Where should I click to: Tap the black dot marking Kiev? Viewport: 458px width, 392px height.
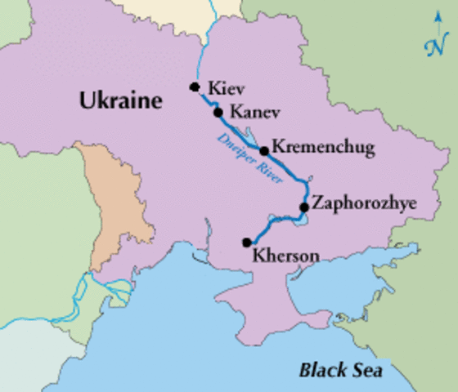[195, 87]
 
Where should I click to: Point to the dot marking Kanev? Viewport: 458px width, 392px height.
[218, 112]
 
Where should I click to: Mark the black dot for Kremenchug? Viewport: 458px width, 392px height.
[264, 151]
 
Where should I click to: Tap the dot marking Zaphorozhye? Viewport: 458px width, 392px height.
[303, 207]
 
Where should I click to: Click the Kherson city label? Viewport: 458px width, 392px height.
[286, 254]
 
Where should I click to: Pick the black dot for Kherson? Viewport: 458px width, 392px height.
[246, 242]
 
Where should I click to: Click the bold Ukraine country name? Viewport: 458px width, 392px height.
[121, 100]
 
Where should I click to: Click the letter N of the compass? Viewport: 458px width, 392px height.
[433, 47]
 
